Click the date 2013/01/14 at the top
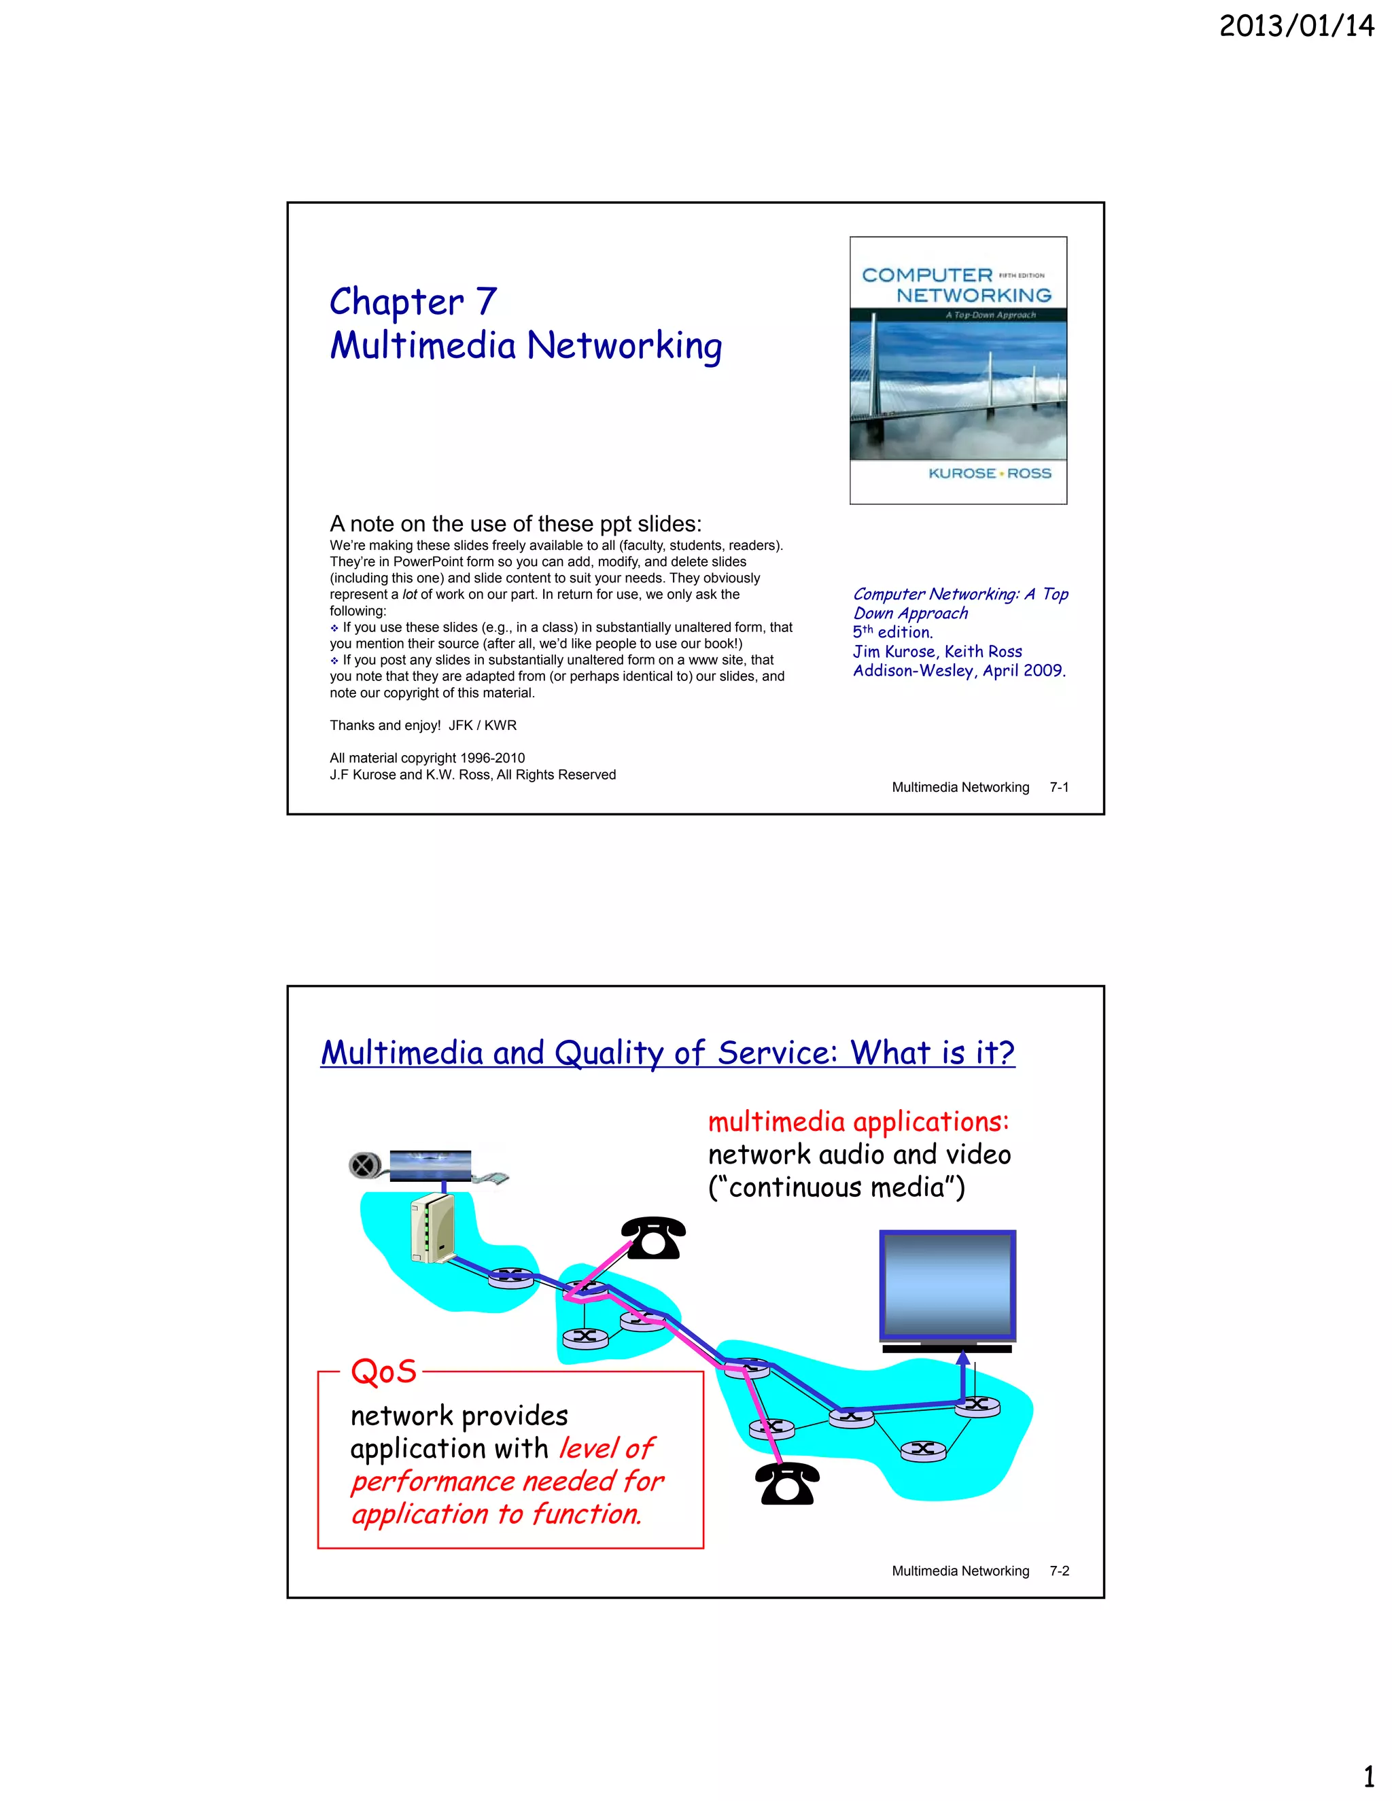tap(1295, 27)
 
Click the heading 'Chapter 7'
tap(413, 302)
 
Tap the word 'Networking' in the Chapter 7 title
tap(624, 345)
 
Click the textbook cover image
tap(958, 370)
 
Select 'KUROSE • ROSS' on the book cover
tap(990, 473)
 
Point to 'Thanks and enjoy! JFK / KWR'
tap(423, 726)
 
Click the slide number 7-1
tap(1059, 788)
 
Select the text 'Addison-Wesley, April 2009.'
tap(959, 670)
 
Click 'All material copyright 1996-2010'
tap(427, 758)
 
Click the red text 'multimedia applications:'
tap(858, 1121)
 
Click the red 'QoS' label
tap(383, 1371)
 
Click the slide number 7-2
tap(1059, 1571)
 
